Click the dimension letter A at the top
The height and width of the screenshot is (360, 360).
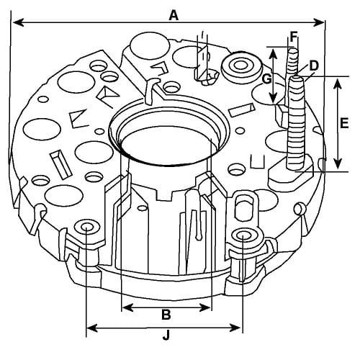(x=174, y=16)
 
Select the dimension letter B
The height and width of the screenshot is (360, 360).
(x=166, y=314)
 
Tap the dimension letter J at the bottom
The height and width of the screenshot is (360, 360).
(x=166, y=335)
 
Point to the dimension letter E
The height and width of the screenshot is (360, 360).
(x=344, y=124)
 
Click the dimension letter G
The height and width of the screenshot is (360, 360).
(x=266, y=78)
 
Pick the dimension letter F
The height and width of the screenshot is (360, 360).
(x=294, y=37)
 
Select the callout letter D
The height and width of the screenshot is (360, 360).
(x=314, y=66)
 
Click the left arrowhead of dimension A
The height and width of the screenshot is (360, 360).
(x=19, y=23)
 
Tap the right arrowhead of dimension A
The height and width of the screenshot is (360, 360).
(x=319, y=23)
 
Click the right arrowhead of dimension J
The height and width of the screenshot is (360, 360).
(x=235, y=328)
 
